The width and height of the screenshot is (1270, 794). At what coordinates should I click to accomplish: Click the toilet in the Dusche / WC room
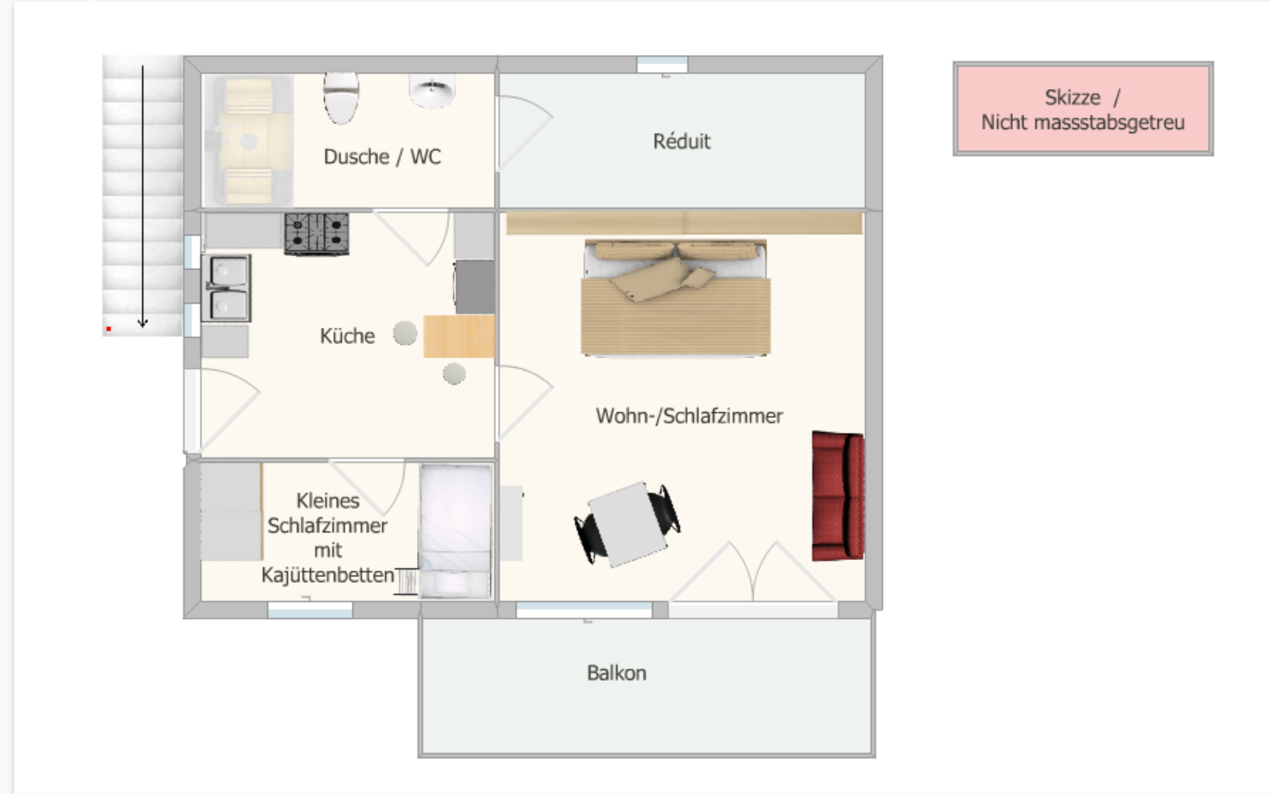pos(341,98)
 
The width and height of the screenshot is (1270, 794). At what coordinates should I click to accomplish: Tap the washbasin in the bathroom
pos(432,90)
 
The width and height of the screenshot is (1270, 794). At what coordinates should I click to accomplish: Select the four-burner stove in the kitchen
pos(316,233)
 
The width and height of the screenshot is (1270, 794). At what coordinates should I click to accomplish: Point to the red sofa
pos(838,496)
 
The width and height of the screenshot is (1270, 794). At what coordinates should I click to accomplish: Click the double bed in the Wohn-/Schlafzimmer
pos(675,298)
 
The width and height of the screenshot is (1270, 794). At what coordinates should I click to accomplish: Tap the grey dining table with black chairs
pos(628,525)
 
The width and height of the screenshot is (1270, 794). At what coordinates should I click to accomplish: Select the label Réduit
pos(682,141)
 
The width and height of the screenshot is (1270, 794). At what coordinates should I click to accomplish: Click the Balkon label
pos(617,673)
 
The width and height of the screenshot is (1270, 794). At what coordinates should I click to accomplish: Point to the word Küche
pos(347,336)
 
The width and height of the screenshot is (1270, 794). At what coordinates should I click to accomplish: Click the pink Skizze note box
pos(1083,108)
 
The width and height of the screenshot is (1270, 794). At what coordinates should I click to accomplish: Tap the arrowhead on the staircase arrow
pos(143,323)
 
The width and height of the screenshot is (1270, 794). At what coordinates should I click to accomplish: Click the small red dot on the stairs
pos(108,329)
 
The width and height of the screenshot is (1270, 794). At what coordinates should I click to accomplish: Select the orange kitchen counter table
pos(459,336)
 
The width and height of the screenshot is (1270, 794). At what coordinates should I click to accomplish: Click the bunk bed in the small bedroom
pos(456,531)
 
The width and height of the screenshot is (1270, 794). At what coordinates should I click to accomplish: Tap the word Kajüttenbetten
pos(328,575)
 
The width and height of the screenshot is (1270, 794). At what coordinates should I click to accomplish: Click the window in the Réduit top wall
pos(662,65)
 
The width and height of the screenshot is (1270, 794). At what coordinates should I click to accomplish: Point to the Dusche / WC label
pos(382,157)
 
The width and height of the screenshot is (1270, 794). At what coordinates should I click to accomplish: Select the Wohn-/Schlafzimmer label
pos(689,416)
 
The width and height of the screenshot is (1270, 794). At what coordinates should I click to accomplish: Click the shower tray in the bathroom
pos(248,141)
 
